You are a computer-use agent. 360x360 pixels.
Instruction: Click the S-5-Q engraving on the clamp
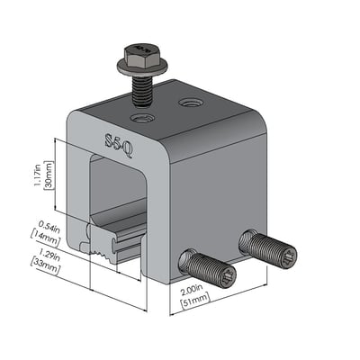[118, 144]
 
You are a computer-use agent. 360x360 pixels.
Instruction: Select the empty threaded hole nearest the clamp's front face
[143, 118]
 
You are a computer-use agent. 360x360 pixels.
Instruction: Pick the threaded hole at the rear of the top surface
[191, 103]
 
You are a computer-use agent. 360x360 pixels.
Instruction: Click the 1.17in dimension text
[38, 178]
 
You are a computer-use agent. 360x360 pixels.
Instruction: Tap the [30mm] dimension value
[49, 175]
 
